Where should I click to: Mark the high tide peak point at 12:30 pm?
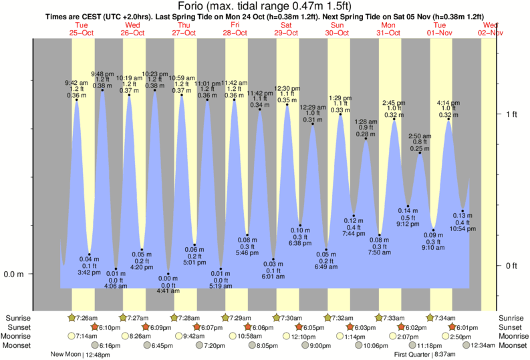click(287, 105)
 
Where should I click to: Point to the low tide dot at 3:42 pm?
click(90, 254)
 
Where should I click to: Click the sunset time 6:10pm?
click(108, 327)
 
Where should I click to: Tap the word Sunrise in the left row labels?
click(17, 317)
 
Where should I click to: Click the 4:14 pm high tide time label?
click(448, 103)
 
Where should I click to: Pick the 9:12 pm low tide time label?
click(408, 224)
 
